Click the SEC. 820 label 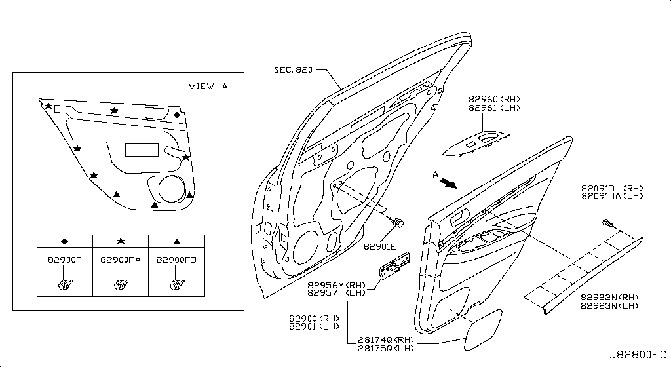(x=293, y=69)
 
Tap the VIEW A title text (x=208, y=86)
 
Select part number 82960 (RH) (x=494, y=99)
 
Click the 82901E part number (x=379, y=246)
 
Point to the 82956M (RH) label (x=336, y=285)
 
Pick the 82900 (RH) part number (x=314, y=319)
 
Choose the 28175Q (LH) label (x=386, y=348)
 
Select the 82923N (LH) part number (x=609, y=305)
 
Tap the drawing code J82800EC (x=638, y=355)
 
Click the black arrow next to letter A (x=448, y=183)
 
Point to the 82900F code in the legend (x=64, y=260)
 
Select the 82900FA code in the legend (x=121, y=260)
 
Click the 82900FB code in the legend (x=176, y=260)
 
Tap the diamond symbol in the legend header (x=65, y=241)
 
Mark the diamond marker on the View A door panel (x=177, y=115)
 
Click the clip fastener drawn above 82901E (x=398, y=222)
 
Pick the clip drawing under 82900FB (x=177, y=284)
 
